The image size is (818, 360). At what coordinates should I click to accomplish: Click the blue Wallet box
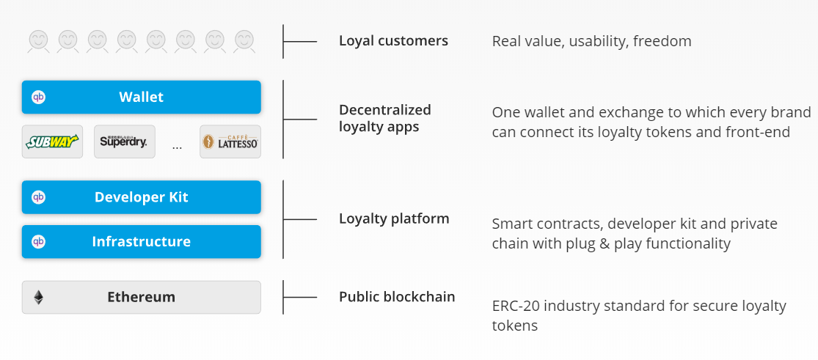(142, 97)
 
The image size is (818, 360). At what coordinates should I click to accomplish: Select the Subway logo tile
(52, 142)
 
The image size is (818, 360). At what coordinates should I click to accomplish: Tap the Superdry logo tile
(125, 142)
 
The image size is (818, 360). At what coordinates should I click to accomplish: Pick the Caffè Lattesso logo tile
(230, 142)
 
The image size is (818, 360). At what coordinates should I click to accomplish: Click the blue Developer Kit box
(142, 197)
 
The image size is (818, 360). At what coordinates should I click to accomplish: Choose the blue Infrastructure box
(142, 241)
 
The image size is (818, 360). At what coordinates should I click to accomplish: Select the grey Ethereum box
(142, 298)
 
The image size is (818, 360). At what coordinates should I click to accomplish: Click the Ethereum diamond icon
(39, 298)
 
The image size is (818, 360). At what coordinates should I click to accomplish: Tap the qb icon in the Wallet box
(39, 97)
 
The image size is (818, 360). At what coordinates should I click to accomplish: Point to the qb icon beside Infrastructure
(39, 241)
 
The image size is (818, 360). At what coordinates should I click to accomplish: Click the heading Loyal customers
(393, 41)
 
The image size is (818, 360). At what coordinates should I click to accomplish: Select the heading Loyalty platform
(394, 218)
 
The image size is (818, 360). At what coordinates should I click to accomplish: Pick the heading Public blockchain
(397, 297)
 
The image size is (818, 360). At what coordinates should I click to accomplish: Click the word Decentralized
(385, 110)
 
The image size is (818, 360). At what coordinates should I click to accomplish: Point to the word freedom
(662, 41)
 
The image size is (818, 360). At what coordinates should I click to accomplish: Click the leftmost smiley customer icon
(39, 41)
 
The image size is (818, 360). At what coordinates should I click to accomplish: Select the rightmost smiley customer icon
(244, 41)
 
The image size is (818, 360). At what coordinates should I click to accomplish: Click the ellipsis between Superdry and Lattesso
(178, 147)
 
